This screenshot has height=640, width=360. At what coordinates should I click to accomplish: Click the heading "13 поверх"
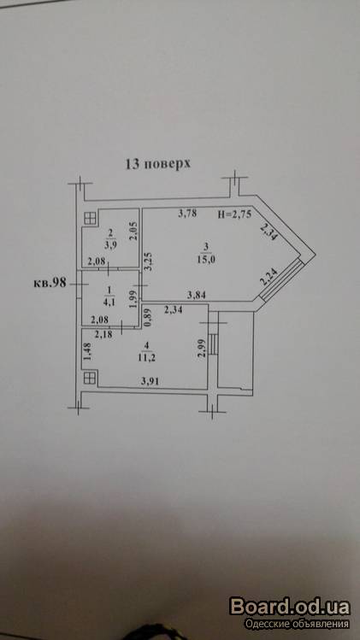point(157,164)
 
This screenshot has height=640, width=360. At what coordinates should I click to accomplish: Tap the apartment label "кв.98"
point(50,284)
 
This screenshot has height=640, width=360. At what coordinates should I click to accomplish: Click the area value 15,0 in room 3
point(206,260)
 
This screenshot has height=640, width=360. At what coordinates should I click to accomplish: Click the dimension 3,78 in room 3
point(187,213)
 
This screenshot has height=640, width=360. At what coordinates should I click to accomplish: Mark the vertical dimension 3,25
point(149,261)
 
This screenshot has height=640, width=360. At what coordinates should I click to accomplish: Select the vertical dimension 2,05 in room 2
point(133,232)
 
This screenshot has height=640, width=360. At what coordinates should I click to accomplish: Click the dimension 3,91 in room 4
point(150,381)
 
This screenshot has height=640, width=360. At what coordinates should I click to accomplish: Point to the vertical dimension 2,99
point(201,349)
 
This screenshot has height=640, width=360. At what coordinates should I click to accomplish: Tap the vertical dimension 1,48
point(86,351)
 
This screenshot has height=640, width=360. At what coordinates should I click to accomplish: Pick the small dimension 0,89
point(148,317)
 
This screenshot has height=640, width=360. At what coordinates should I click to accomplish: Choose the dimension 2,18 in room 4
point(103,335)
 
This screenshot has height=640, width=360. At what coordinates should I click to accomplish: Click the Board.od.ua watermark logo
point(290,607)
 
